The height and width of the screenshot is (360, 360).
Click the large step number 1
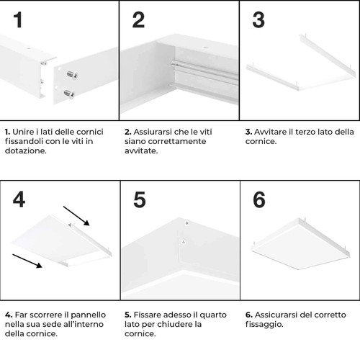pos(18,20)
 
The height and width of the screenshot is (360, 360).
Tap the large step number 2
pos(138,20)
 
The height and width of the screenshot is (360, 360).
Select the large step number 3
pos(258,20)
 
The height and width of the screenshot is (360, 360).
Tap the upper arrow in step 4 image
pos(77,215)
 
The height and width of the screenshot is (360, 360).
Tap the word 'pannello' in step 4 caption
pos(86,315)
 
